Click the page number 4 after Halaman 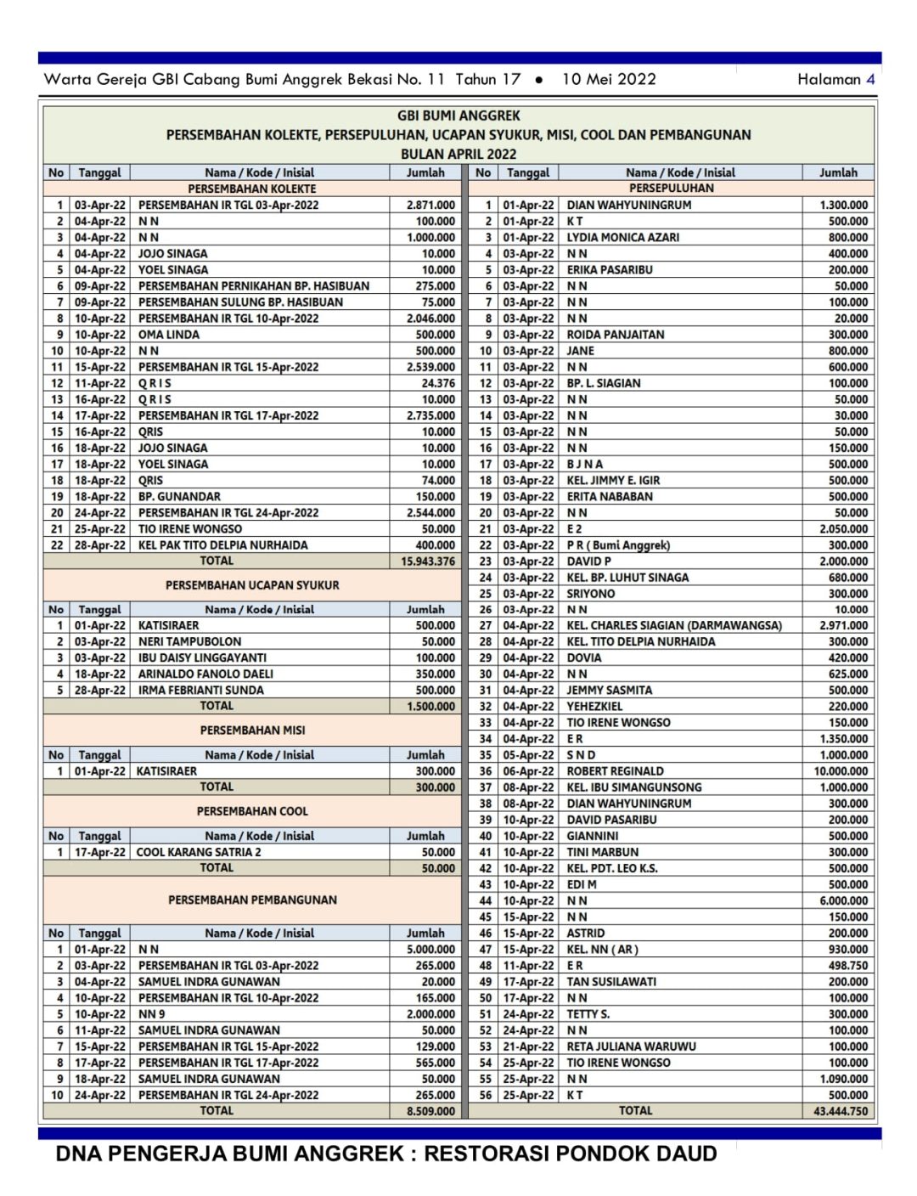coord(870,79)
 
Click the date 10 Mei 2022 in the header coord(609,79)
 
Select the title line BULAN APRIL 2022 coord(458,154)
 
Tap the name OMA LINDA coord(169,335)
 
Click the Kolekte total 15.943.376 coord(428,561)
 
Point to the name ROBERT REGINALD coord(616,771)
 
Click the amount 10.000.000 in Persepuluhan coord(841,771)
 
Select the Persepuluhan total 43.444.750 coord(841,1111)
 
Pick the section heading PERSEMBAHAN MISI coord(252,731)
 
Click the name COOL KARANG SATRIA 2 coord(199,852)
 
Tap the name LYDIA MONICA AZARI coord(623,238)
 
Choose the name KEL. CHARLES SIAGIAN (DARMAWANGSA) coord(674,625)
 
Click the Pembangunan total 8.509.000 coord(430,1111)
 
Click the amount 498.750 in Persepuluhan coord(847,966)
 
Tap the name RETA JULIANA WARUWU coord(631,1046)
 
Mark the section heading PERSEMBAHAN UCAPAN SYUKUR coord(252,585)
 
